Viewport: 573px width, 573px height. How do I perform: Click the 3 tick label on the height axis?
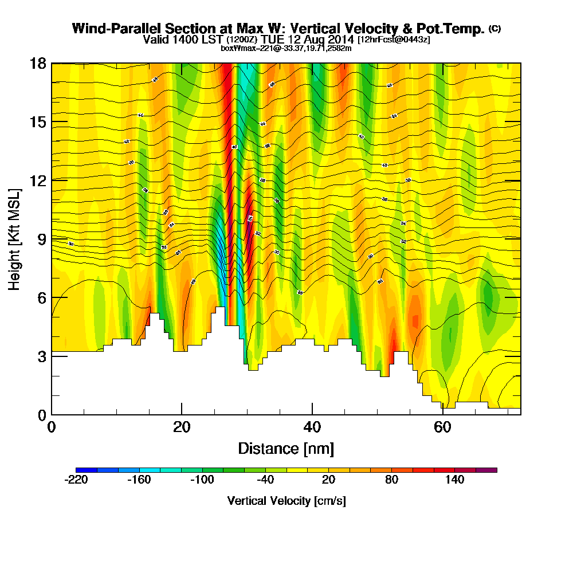(41, 356)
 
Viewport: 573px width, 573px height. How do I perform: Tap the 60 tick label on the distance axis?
(442, 427)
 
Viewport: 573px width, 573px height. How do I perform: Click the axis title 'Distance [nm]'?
(286, 448)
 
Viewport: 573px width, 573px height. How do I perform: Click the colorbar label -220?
(76, 480)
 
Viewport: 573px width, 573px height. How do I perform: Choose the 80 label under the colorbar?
(392, 480)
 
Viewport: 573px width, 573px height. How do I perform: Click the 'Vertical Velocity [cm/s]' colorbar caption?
(286, 501)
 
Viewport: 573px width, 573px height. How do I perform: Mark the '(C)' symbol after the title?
(494, 28)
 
